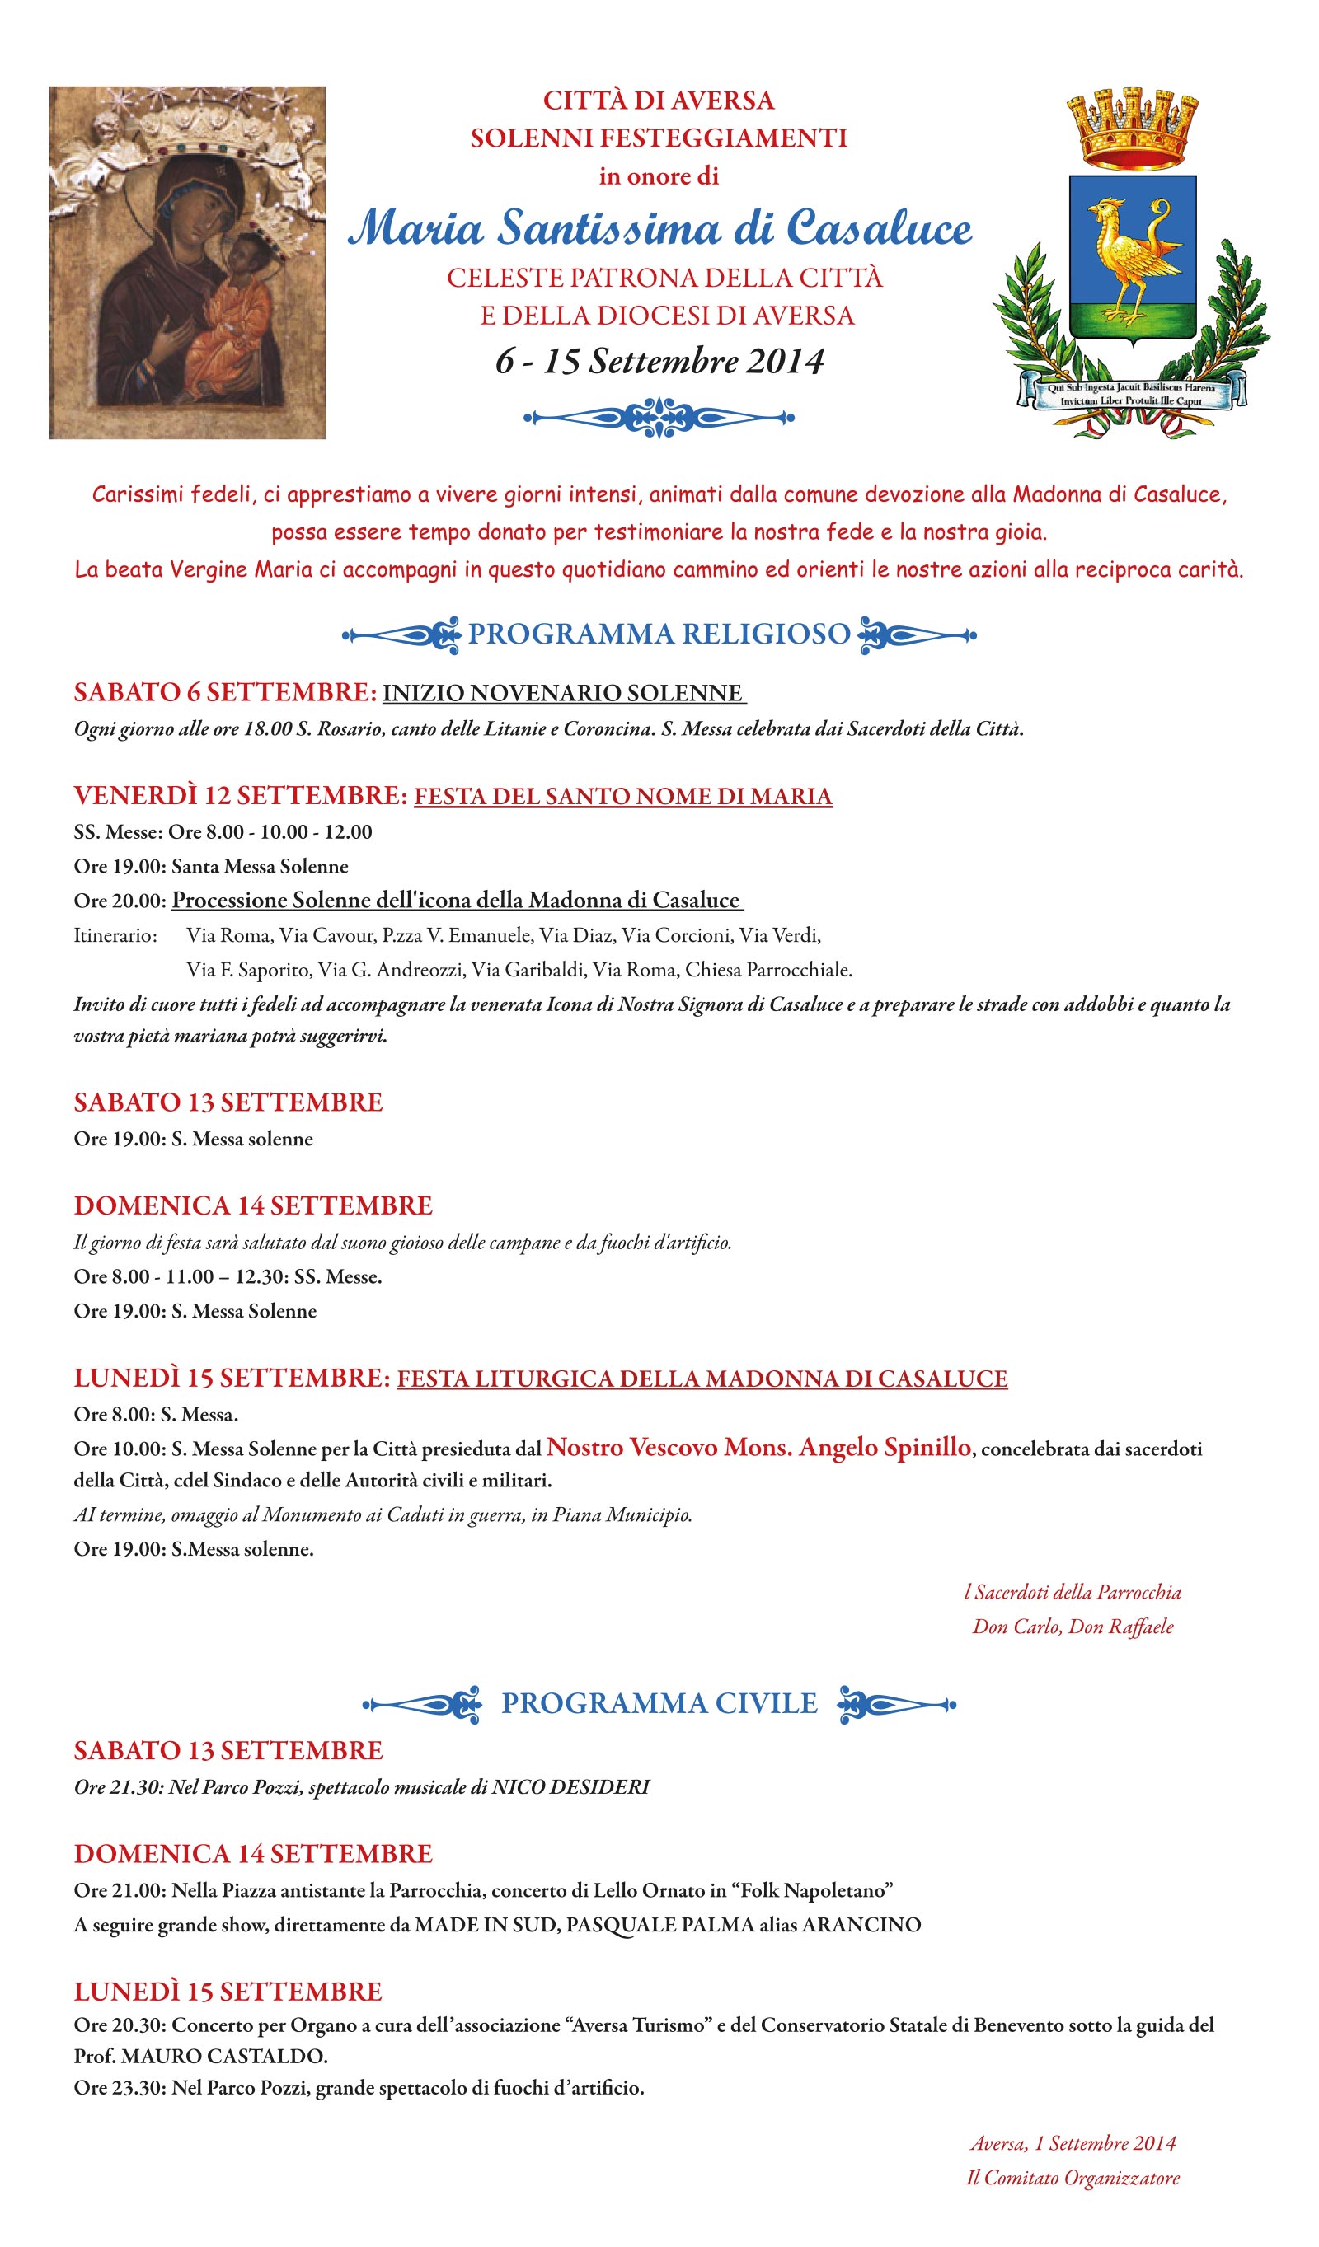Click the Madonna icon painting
tap(187, 262)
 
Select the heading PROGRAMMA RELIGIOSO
tap(659, 634)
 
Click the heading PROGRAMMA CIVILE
tap(659, 1703)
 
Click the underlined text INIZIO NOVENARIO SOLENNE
tap(563, 693)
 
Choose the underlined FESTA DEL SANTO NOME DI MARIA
tap(622, 796)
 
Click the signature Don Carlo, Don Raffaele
tap(1073, 1627)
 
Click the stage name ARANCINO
tap(861, 1925)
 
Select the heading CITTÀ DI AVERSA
tap(659, 100)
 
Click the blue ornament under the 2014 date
tap(659, 416)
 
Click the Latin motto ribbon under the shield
tap(1131, 394)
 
